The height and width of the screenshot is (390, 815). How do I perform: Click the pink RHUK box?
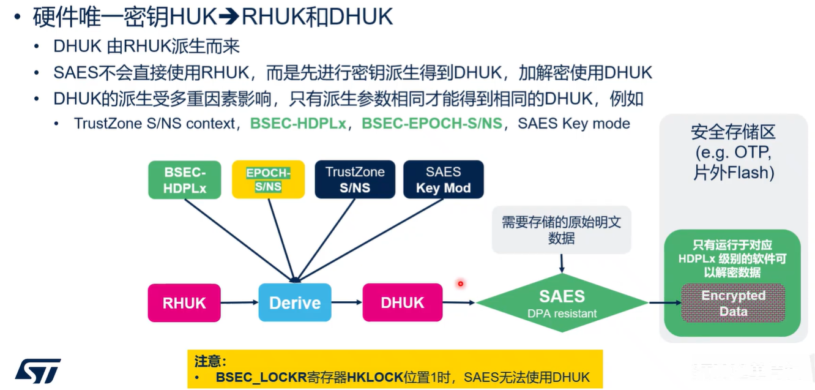pos(184,302)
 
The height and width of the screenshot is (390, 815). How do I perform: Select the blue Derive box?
pos(294,302)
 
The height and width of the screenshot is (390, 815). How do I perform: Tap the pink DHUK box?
pos(402,302)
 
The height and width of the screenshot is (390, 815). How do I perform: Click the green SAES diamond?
pos(562,302)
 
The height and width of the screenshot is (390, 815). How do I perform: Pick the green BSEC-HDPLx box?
pos(185,180)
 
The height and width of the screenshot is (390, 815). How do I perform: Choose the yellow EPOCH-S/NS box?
pos(268,180)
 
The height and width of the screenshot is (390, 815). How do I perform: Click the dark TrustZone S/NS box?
pos(355,180)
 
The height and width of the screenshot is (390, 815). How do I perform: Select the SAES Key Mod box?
pos(443,180)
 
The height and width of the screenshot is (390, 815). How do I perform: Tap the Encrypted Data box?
pos(733,303)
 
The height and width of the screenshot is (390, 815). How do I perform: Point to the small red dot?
pos(460,283)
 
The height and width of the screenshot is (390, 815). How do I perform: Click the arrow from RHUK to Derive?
pos(239,302)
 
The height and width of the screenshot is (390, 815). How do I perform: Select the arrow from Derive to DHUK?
pos(347,302)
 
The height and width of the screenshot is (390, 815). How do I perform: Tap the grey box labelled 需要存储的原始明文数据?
pos(561,230)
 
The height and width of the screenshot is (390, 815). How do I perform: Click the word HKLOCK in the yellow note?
pos(375,377)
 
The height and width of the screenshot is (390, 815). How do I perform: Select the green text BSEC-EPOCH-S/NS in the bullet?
pos(431,124)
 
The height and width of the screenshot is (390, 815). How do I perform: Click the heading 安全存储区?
pos(732,132)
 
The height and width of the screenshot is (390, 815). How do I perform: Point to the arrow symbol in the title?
pos(229,17)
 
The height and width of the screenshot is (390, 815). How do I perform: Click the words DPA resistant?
pos(562,314)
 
